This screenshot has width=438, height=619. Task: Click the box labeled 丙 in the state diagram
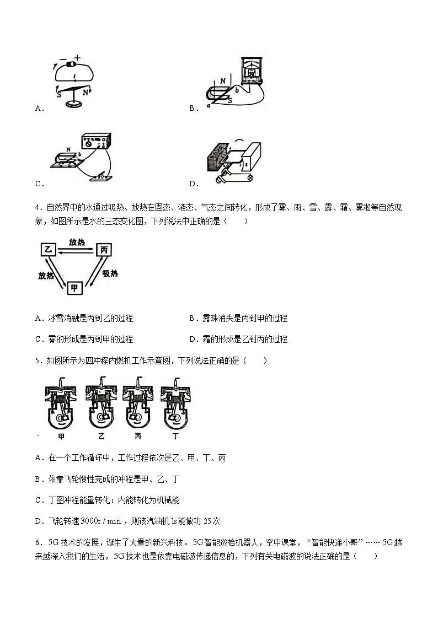[104, 250]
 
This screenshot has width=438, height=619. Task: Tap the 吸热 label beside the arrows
[110, 273]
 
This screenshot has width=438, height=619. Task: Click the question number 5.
[37, 361]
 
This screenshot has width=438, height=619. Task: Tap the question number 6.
[37, 542]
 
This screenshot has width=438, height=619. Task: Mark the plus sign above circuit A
[77, 57]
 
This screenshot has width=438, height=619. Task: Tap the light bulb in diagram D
[249, 178]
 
